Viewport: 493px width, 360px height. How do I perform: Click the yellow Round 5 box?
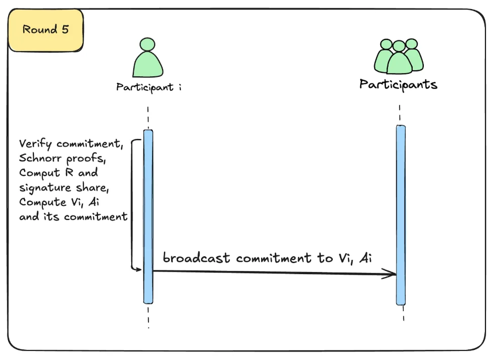coord(46,30)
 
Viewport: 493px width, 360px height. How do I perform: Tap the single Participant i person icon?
coord(147,58)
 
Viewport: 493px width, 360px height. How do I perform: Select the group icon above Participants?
coord(399,56)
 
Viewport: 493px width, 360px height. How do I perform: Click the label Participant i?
coord(149,87)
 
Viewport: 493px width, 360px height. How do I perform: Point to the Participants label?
coord(399,84)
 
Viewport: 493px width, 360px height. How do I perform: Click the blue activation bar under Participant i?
coord(149,216)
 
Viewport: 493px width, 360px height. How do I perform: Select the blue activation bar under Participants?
coord(401,215)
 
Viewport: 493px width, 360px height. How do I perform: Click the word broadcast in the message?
coord(196,257)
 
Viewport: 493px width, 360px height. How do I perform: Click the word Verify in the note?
coord(35,144)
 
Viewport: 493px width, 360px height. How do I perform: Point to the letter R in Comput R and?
coord(69,172)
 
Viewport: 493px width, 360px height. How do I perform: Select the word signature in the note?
coord(45,188)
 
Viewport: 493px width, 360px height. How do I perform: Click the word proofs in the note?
coord(86,158)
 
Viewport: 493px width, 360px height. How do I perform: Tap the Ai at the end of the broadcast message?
coord(366,258)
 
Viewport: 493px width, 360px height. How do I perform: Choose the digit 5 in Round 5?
coord(65,29)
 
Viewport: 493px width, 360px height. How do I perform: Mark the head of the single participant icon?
coord(147,44)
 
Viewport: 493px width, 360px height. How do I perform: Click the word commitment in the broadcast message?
coord(274,258)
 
